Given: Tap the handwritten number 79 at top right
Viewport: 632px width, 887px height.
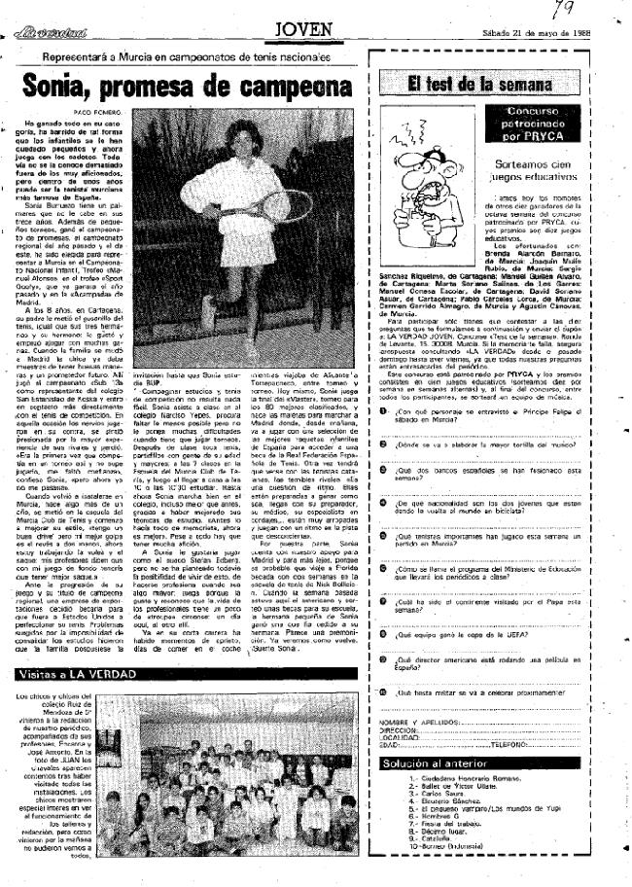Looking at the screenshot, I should click(x=561, y=10).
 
